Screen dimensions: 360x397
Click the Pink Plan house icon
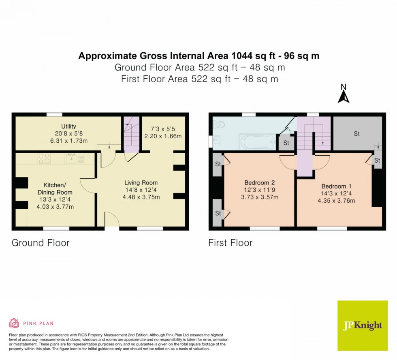pos(14,323)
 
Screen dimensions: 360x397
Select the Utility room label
pos(68,126)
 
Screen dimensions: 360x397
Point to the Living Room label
pos(141,182)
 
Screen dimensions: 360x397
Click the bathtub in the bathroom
pos(258,142)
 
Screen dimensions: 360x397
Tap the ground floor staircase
pos(131,135)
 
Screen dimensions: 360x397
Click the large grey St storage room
pos(356,133)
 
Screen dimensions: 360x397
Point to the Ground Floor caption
pos(41,243)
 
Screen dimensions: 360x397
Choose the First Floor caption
pos(230,243)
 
